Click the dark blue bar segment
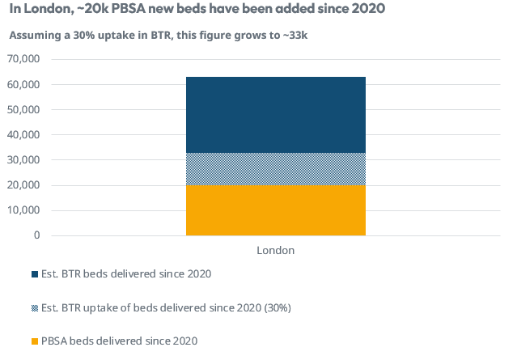click(276, 114)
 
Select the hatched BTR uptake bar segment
click(276, 169)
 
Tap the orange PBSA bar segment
click(276, 210)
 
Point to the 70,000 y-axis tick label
click(23, 59)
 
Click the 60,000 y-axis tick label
click(23, 84)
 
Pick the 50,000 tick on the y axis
click(23, 109)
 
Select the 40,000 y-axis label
click(23, 134)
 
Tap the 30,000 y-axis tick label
click(23, 160)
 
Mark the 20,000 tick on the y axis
click(23, 185)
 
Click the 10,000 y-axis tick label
click(23, 210)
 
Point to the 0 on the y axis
click(36, 235)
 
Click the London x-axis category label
click(276, 251)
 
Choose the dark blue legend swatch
click(35, 274)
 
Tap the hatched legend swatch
click(35, 307)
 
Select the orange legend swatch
click(35, 341)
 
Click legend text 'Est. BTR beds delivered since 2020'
click(127, 274)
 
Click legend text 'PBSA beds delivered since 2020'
click(119, 341)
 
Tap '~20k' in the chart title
click(85, 11)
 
